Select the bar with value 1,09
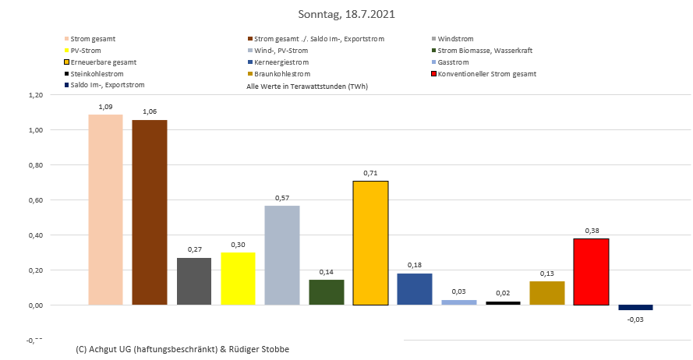[105, 210]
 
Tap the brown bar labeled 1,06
[149, 212]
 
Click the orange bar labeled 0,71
[370, 242]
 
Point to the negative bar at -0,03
[635, 308]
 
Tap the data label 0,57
[281, 198]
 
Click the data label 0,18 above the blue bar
[414, 266]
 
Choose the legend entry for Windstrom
[455, 39]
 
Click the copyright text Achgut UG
[182, 348]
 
